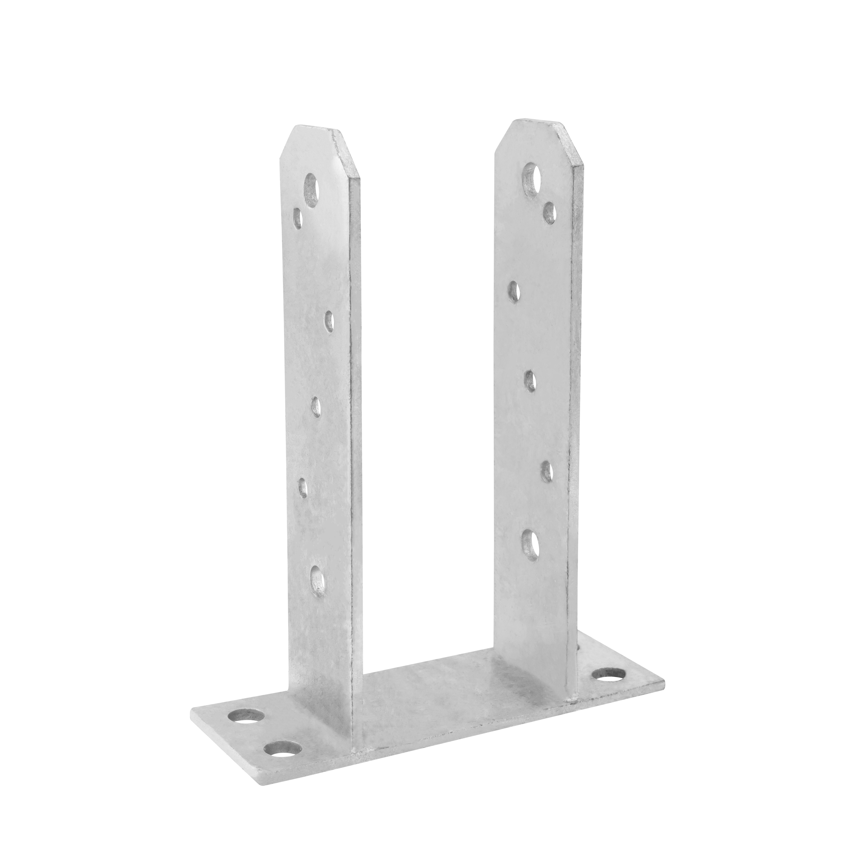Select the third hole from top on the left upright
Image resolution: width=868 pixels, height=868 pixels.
click(x=329, y=320)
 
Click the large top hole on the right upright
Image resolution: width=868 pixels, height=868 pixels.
click(x=532, y=180)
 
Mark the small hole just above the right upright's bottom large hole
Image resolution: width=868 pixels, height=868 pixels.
click(x=546, y=469)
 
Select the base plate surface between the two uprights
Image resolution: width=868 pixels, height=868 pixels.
click(x=427, y=701)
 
